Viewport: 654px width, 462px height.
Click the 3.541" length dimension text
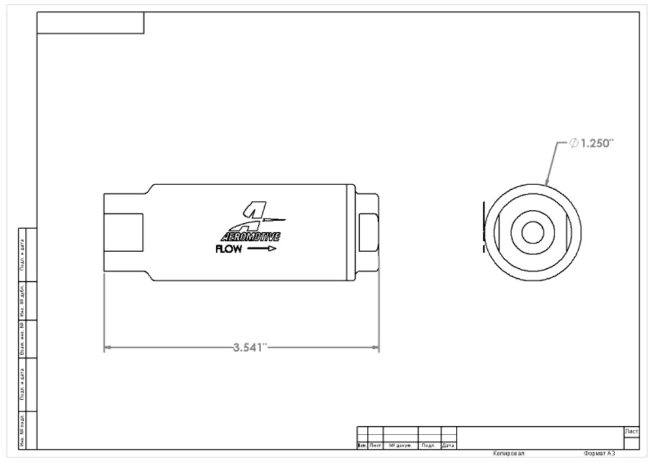251,347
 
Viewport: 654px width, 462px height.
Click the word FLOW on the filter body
228,249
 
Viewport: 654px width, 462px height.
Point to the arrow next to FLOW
262,249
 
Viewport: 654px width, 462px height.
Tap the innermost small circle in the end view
531,231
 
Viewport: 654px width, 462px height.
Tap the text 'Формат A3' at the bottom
600,453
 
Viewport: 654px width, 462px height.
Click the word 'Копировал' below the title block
508,453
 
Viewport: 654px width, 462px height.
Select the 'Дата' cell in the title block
449,446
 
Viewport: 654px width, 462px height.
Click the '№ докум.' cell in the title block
400,446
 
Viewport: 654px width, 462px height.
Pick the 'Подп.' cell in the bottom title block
429,446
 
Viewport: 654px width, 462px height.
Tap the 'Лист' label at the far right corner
632,432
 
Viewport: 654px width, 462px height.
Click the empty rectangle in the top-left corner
90,23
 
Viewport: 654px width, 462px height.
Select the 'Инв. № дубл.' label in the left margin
22,300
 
